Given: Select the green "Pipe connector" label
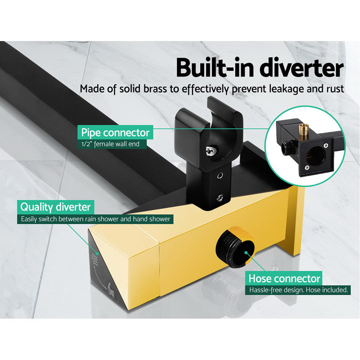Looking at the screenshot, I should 115,132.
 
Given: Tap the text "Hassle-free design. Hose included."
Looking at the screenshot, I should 298,289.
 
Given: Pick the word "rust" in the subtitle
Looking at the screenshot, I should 335,89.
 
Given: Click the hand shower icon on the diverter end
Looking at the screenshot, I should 108,288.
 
